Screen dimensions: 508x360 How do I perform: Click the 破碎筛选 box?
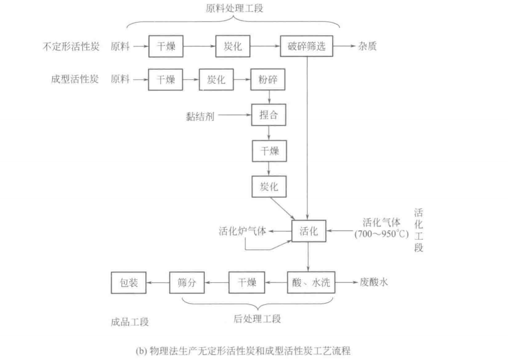tap(306, 46)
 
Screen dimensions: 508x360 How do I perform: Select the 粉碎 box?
tap(268, 79)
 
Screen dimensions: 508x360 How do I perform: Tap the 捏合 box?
tap(269, 115)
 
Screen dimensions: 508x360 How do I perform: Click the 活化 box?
tap(309, 231)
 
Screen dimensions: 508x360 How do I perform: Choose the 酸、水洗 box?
tap(311, 283)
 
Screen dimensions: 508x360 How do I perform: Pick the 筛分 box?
tap(187, 283)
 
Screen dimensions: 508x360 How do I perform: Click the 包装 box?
tap(129, 283)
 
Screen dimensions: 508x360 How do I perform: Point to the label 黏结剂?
tap(200, 116)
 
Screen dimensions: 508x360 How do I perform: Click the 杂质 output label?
tap(367, 46)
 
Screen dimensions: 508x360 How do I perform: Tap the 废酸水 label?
tap(374, 282)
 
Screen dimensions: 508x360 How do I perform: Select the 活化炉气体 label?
tap(242, 231)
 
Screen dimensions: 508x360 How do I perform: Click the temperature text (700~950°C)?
tap(381, 234)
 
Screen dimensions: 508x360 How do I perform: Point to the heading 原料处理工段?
tap(234, 8)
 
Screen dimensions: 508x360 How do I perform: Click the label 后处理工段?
tap(257, 319)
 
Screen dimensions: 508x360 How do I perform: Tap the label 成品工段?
tap(130, 322)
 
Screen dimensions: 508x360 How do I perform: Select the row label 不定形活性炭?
tap(71, 47)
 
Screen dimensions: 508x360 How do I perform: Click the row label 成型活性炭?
tap(75, 79)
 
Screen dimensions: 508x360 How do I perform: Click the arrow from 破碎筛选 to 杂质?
tap(345, 46)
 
